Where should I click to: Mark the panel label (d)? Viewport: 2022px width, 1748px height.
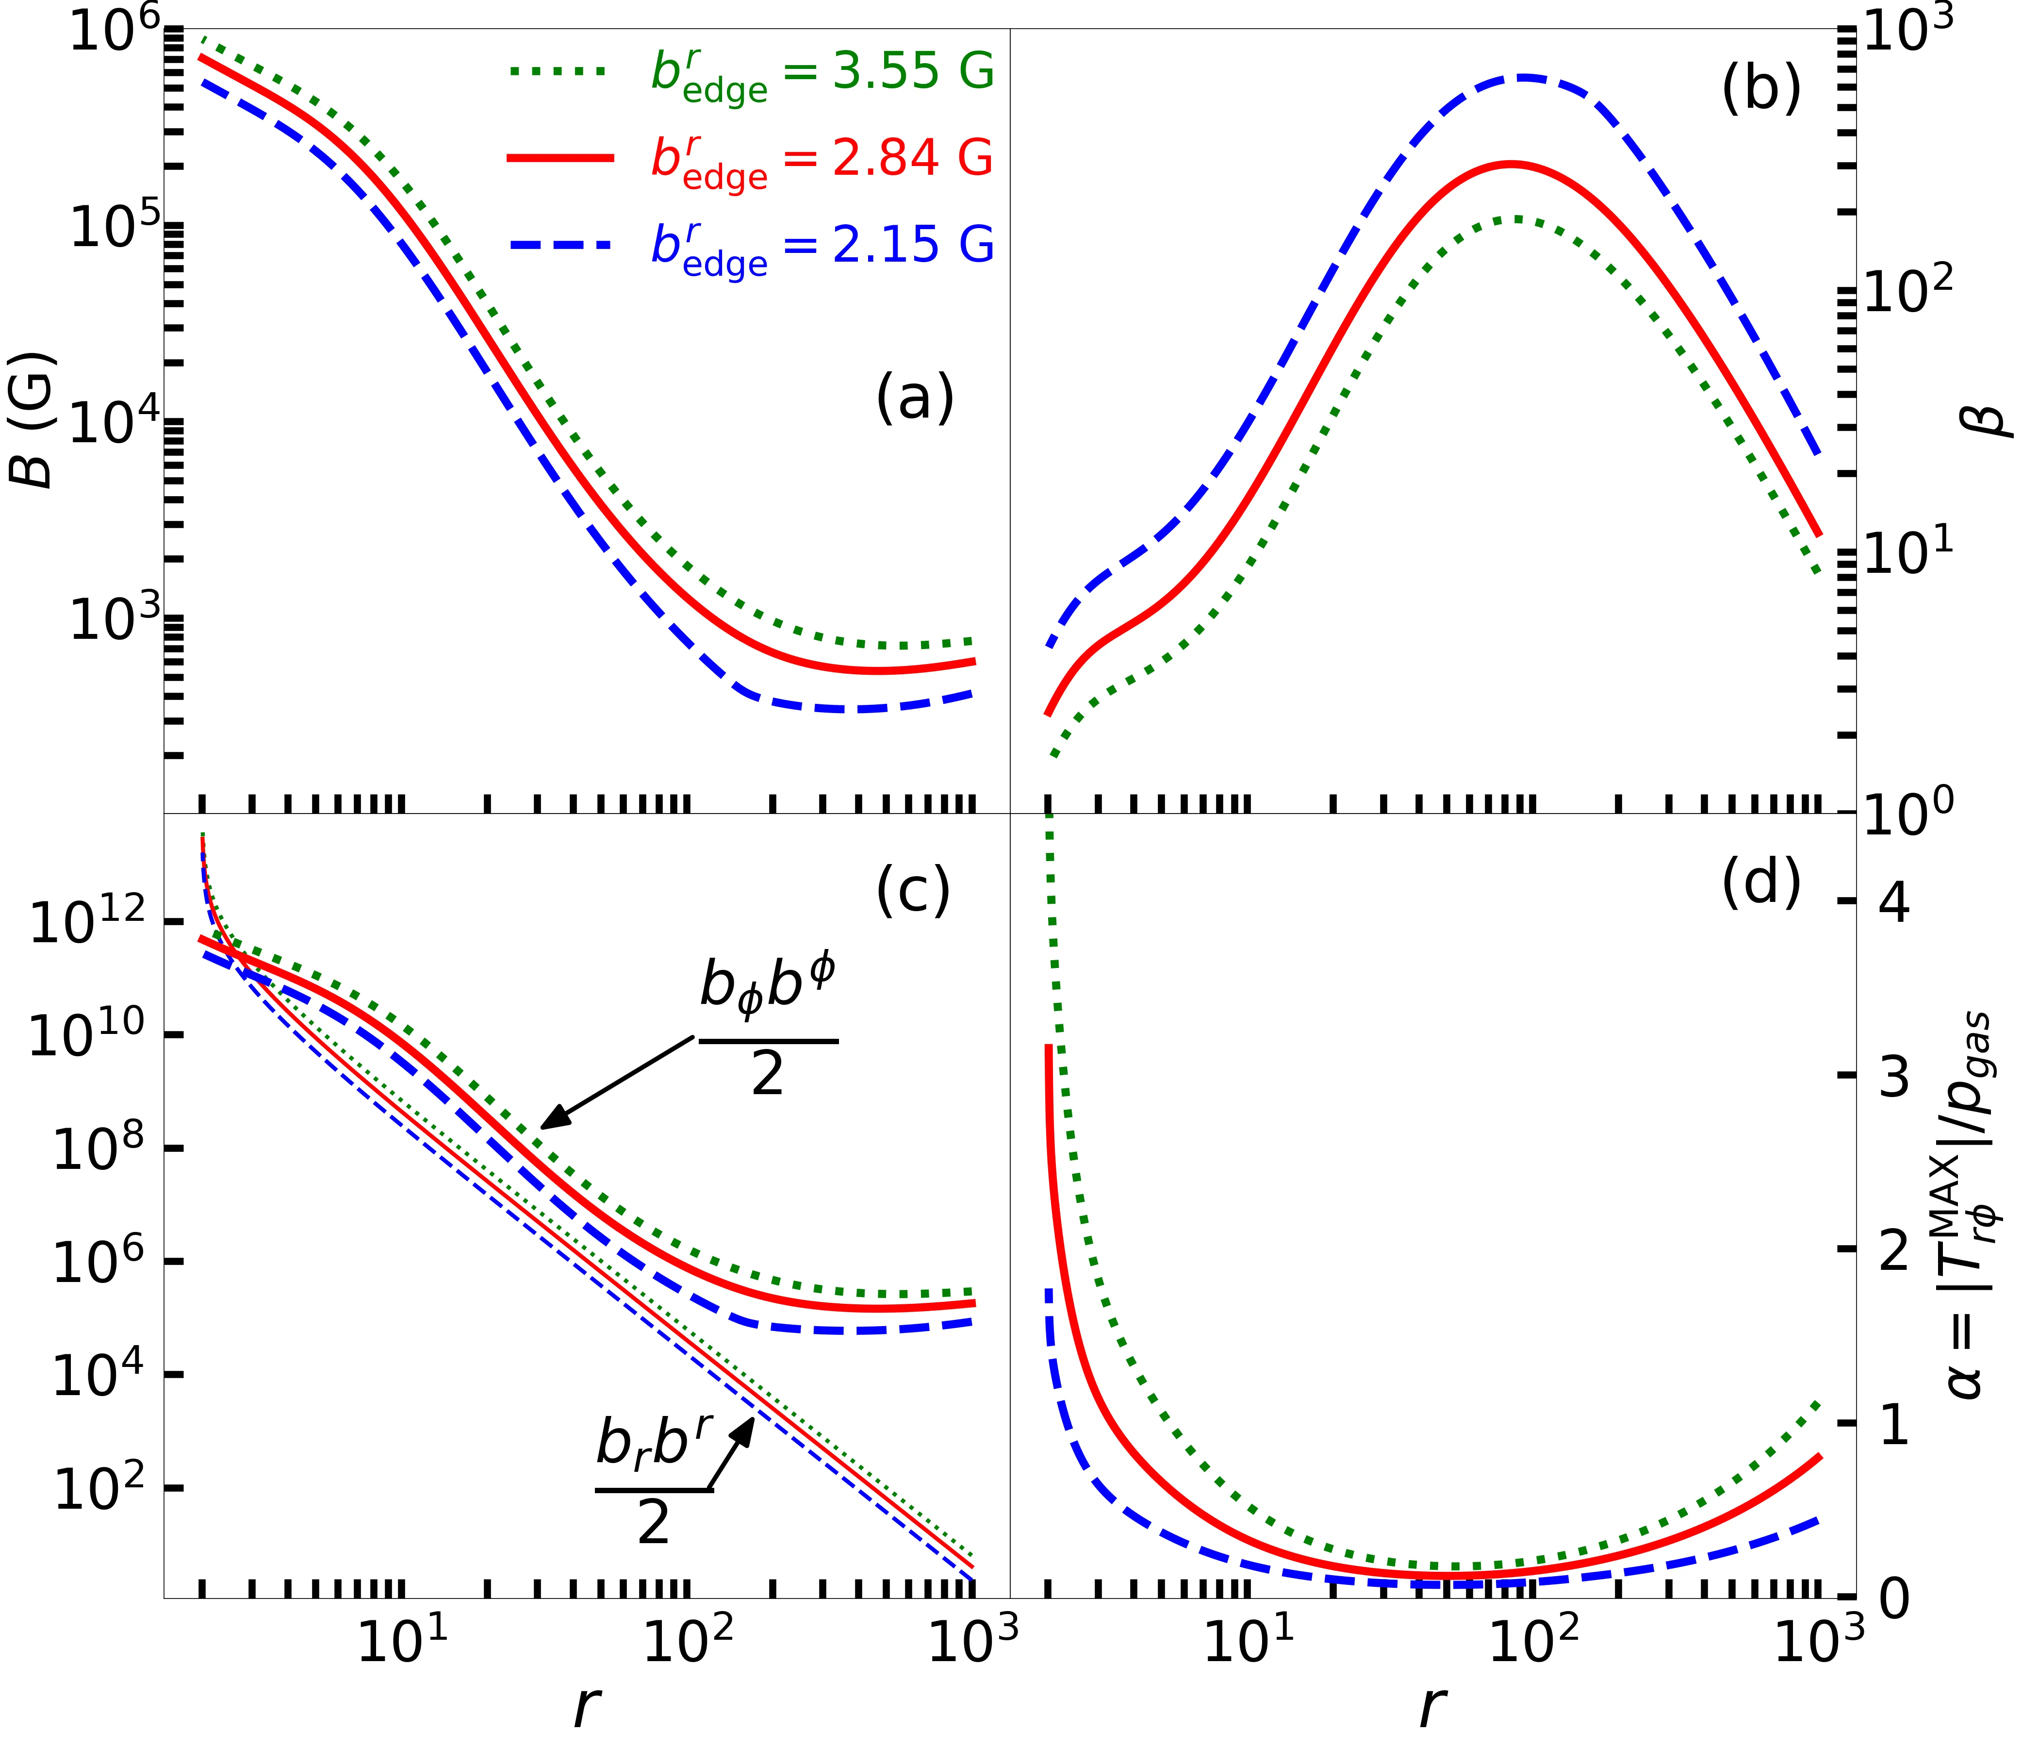click(1760, 883)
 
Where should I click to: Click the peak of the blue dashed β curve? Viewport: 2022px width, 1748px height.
click(1522, 77)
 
